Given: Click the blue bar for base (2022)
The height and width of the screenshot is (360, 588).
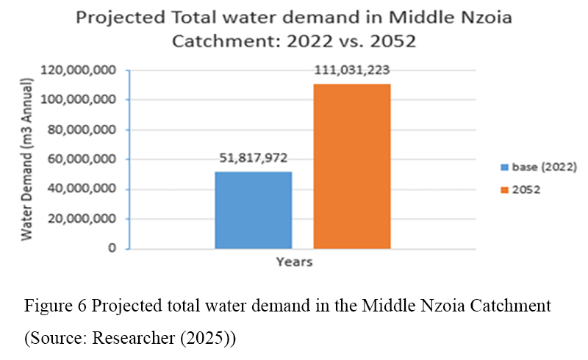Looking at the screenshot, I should (253, 210).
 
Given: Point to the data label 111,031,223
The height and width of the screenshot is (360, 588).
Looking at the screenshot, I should (351, 71).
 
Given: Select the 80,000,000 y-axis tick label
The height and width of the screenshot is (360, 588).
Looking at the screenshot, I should (83, 130).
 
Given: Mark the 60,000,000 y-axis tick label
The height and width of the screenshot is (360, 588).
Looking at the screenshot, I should (83, 159).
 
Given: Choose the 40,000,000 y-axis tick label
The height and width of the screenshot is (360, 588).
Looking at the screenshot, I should (83, 190).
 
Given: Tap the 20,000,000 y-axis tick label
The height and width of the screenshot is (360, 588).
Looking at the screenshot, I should (83, 219).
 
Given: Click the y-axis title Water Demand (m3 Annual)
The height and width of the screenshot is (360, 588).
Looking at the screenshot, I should (26, 160).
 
